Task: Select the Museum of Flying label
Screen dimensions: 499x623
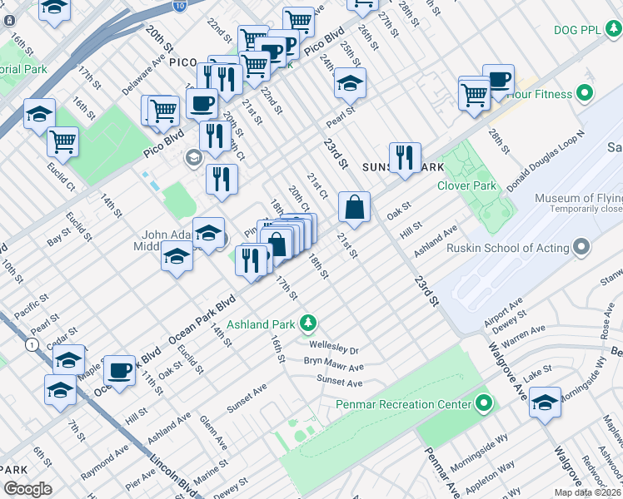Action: click(x=578, y=199)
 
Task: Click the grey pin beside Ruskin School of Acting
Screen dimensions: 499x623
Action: click(x=581, y=248)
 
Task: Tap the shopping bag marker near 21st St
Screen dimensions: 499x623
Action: click(x=355, y=208)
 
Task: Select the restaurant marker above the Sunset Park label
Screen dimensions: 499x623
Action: click(x=405, y=157)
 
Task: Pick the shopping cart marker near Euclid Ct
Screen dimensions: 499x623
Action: click(x=63, y=142)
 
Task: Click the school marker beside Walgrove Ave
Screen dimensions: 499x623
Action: click(x=545, y=404)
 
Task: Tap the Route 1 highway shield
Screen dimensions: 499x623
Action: click(x=32, y=344)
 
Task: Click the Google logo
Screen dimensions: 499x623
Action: click(x=27, y=489)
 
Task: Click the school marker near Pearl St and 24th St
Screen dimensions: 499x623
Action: click(x=351, y=82)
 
